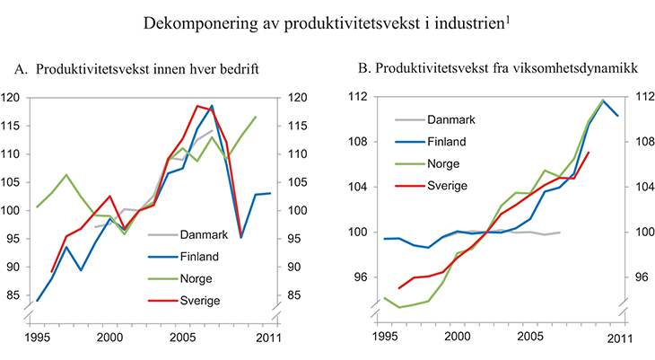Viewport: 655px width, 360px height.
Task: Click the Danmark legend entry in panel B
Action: click(451, 119)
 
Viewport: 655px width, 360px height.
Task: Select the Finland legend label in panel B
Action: click(446, 141)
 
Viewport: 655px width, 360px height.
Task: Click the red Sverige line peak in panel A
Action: click(197, 105)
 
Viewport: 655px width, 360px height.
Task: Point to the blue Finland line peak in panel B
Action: click(602, 101)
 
